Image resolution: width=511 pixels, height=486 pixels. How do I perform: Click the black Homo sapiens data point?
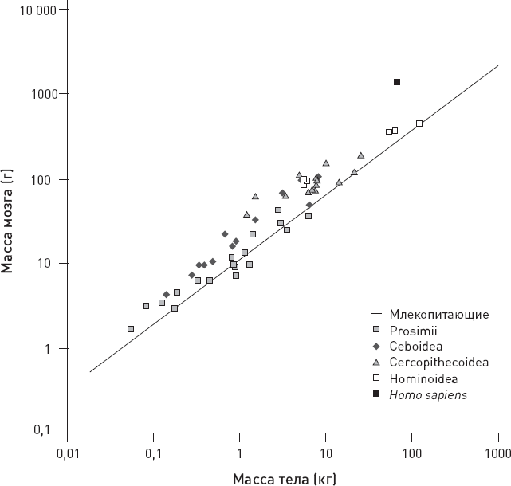pos(397,82)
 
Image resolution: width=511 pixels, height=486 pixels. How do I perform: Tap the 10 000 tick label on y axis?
pos(37,9)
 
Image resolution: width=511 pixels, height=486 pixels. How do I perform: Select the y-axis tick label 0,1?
pos(47,432)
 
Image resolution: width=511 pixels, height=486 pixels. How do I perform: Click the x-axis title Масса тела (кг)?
pos(283,479)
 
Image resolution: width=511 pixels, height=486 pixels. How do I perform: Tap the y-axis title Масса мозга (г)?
pos(9,222)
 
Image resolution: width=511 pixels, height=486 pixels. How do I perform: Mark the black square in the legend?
pos(378,394)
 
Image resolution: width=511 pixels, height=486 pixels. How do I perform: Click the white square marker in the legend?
pos(378,378)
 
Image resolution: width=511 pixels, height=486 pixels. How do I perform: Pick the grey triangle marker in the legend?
pos(378,362)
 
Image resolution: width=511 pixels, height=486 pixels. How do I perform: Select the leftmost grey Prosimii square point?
pos(131,329)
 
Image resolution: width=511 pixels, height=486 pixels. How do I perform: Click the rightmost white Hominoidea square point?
pos(419,123)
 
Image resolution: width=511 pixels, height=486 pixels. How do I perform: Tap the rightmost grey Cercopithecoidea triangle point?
pos(360,155)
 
